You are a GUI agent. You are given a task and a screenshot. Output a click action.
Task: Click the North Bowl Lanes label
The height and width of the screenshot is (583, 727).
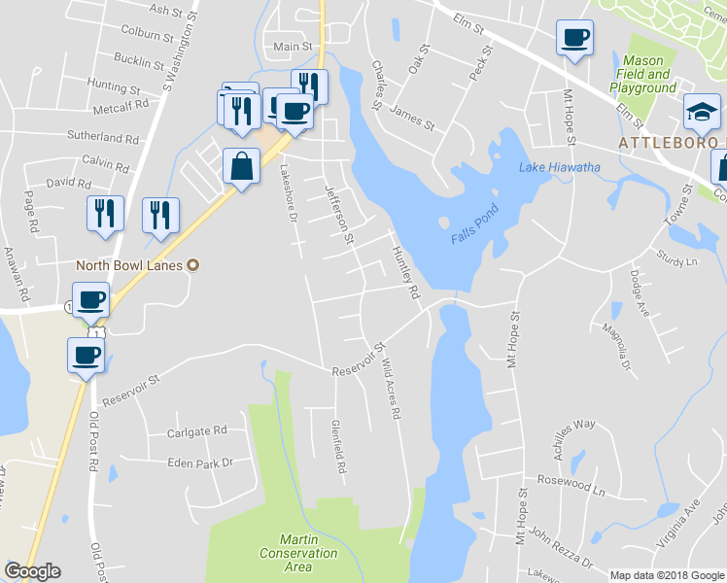tap(130, 264)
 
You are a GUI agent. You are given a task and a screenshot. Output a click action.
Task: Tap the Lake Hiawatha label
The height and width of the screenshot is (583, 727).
tap(559, 167)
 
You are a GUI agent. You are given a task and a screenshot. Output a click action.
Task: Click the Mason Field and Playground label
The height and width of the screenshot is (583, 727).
tap(642, 74)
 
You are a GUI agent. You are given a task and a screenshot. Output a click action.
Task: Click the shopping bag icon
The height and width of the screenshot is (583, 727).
tap(240, 166)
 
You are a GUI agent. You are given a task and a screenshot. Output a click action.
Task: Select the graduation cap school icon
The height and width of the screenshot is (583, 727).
tap(701, 113)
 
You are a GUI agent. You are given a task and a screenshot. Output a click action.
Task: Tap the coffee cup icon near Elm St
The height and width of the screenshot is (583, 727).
tap(573, 39)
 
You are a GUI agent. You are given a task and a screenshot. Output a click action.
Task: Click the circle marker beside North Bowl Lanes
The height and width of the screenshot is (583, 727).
tap(192, 264)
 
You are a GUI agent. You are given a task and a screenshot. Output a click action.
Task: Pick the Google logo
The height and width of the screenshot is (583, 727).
tap(32, 571)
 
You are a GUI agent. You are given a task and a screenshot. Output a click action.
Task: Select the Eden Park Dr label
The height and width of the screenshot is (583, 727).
tap(200, 463)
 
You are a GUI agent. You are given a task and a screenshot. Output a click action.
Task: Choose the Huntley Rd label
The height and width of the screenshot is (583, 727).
tap(404, 272)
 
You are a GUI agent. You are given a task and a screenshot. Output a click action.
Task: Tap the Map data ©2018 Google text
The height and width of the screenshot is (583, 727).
tap(666, 574)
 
